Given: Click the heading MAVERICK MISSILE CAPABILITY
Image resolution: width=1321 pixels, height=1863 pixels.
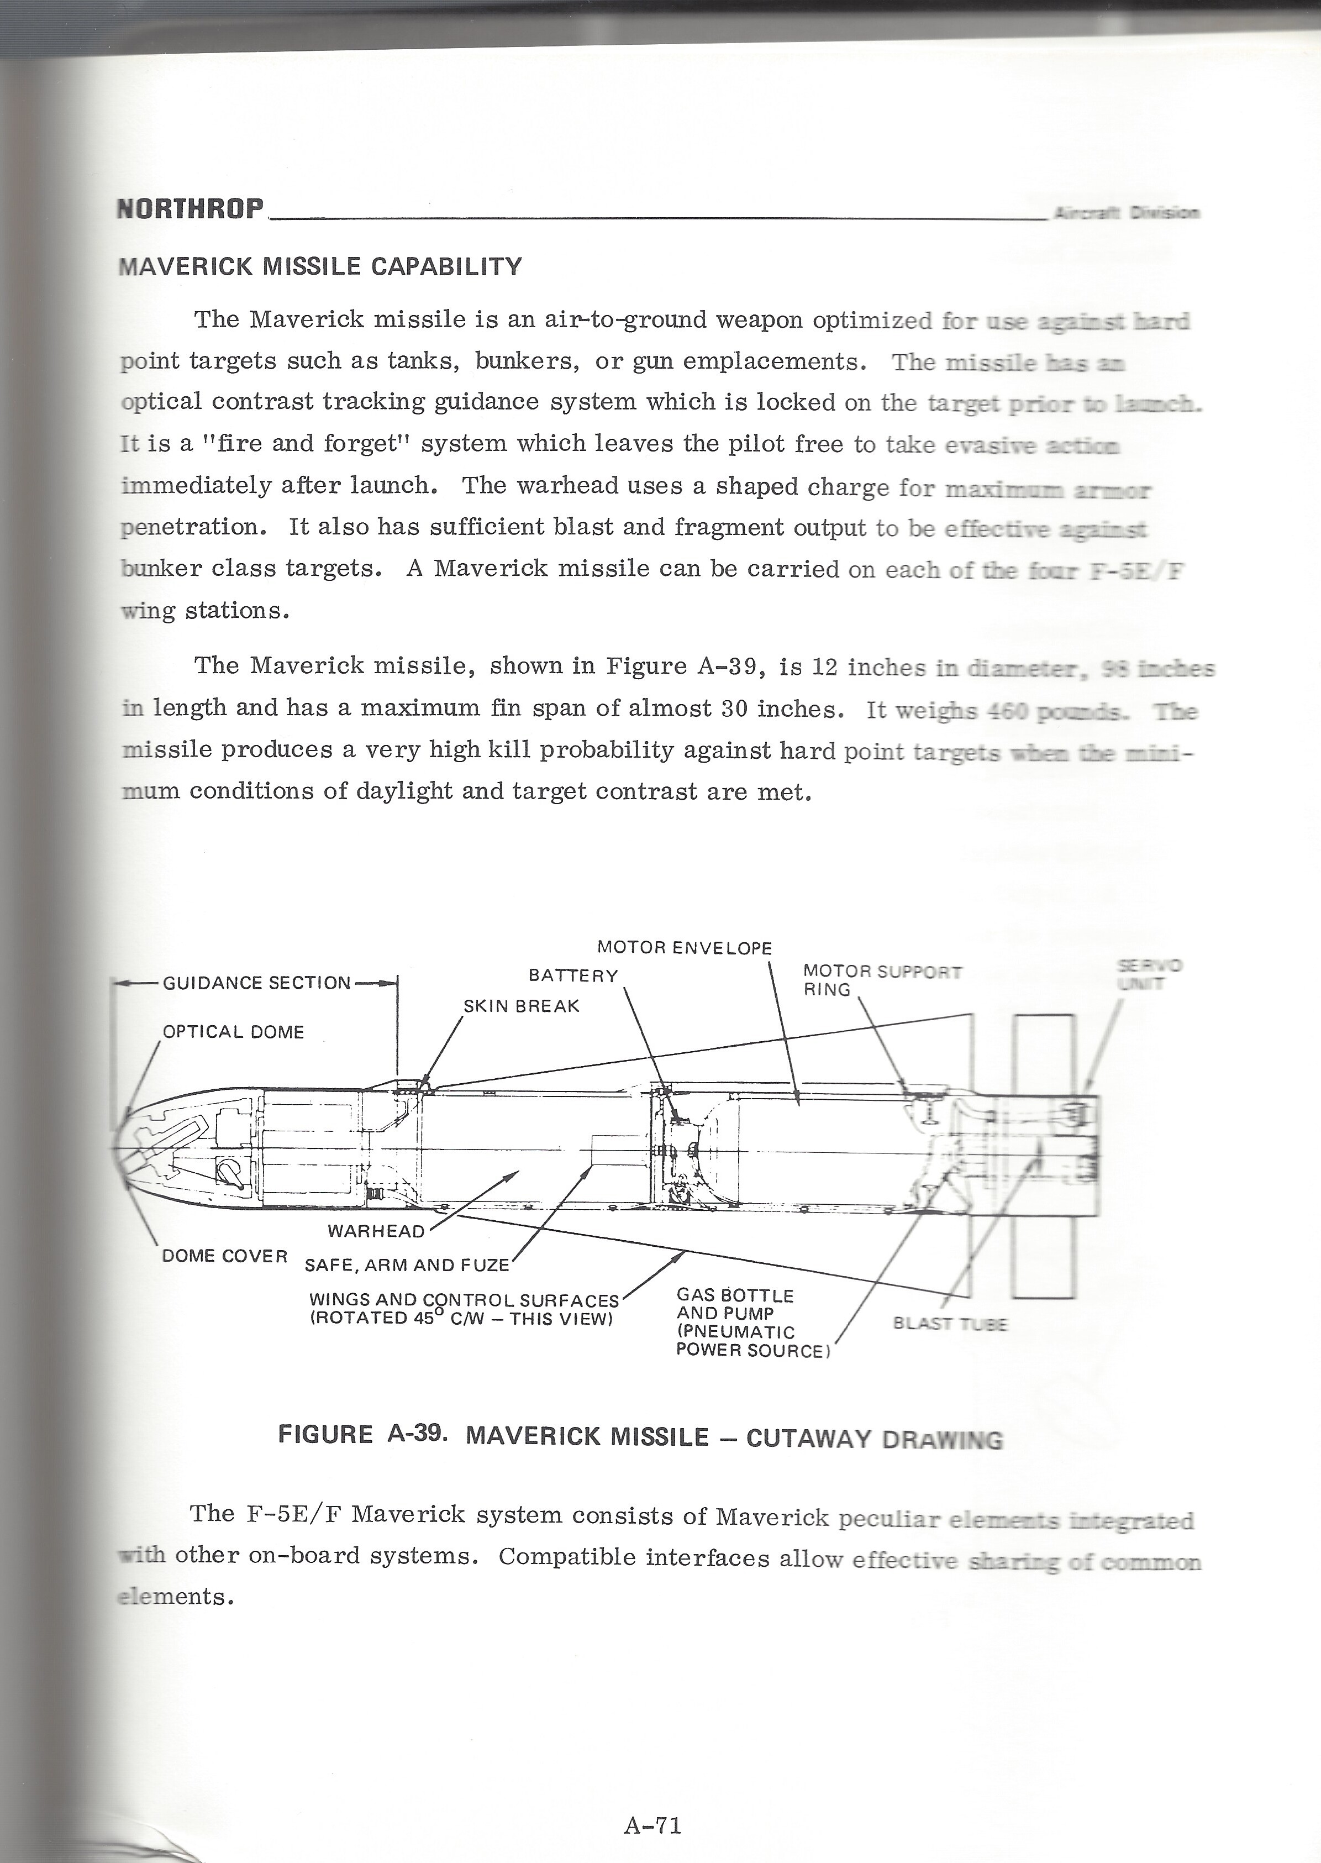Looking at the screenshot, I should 320,267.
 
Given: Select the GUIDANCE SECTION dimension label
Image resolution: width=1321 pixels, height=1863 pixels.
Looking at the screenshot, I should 257,983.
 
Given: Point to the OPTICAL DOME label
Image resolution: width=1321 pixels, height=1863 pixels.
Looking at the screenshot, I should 234,1032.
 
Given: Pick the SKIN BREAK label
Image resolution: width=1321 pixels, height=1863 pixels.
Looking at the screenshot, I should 522,1006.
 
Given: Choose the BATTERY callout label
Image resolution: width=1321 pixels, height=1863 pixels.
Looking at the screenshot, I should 573,975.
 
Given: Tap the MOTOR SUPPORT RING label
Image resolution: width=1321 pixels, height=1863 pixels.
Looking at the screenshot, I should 882,980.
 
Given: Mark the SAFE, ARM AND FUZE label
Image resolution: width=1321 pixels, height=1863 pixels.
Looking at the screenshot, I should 407,1265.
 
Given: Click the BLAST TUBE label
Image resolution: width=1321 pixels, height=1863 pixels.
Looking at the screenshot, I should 950,1324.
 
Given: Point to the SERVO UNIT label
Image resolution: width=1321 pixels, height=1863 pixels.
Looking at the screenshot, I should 1149,974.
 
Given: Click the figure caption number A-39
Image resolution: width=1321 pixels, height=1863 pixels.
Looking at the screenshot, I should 417,1434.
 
